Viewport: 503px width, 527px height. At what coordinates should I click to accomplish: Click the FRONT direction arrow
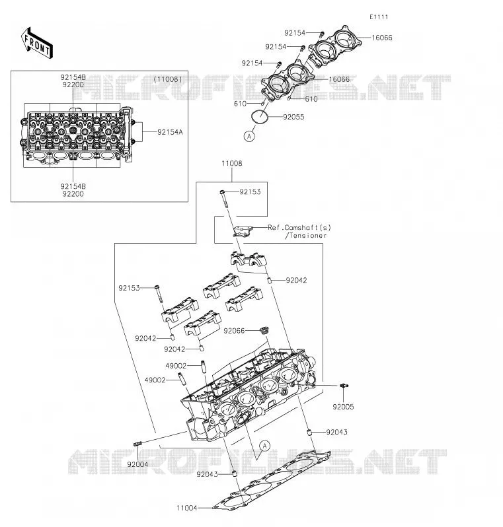37,43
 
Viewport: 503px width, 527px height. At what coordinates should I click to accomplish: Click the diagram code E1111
379,17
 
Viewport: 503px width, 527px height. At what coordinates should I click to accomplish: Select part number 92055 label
293,117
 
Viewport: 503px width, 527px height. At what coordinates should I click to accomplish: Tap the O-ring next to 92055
259,117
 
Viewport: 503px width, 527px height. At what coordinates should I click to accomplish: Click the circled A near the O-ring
249,136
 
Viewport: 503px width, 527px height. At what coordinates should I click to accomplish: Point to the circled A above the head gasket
265,446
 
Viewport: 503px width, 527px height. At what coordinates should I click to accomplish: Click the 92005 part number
343,407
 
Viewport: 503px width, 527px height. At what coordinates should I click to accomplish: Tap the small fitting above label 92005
344,386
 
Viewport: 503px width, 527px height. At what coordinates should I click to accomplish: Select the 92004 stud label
137,464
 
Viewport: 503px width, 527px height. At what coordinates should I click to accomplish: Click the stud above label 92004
138,444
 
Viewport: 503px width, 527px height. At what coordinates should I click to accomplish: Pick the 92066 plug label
234,331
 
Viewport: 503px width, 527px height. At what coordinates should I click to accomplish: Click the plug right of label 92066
265,330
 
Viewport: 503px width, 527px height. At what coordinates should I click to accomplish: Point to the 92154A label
170,132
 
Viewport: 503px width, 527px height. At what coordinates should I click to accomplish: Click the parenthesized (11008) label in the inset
168,79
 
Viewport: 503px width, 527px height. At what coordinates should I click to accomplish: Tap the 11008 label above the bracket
232,163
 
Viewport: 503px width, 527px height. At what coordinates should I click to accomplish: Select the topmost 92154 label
295,33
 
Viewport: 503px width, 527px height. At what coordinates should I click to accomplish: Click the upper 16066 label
382,38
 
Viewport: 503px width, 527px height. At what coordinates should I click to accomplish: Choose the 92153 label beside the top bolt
250,192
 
